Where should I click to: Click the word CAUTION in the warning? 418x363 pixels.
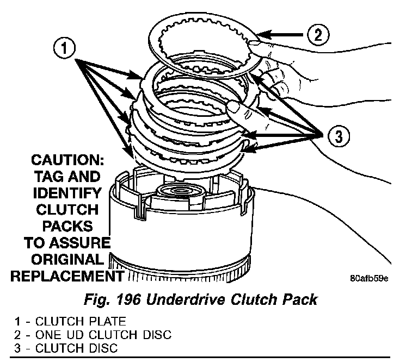coord(65,161)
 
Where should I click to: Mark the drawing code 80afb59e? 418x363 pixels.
coord(368,279)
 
